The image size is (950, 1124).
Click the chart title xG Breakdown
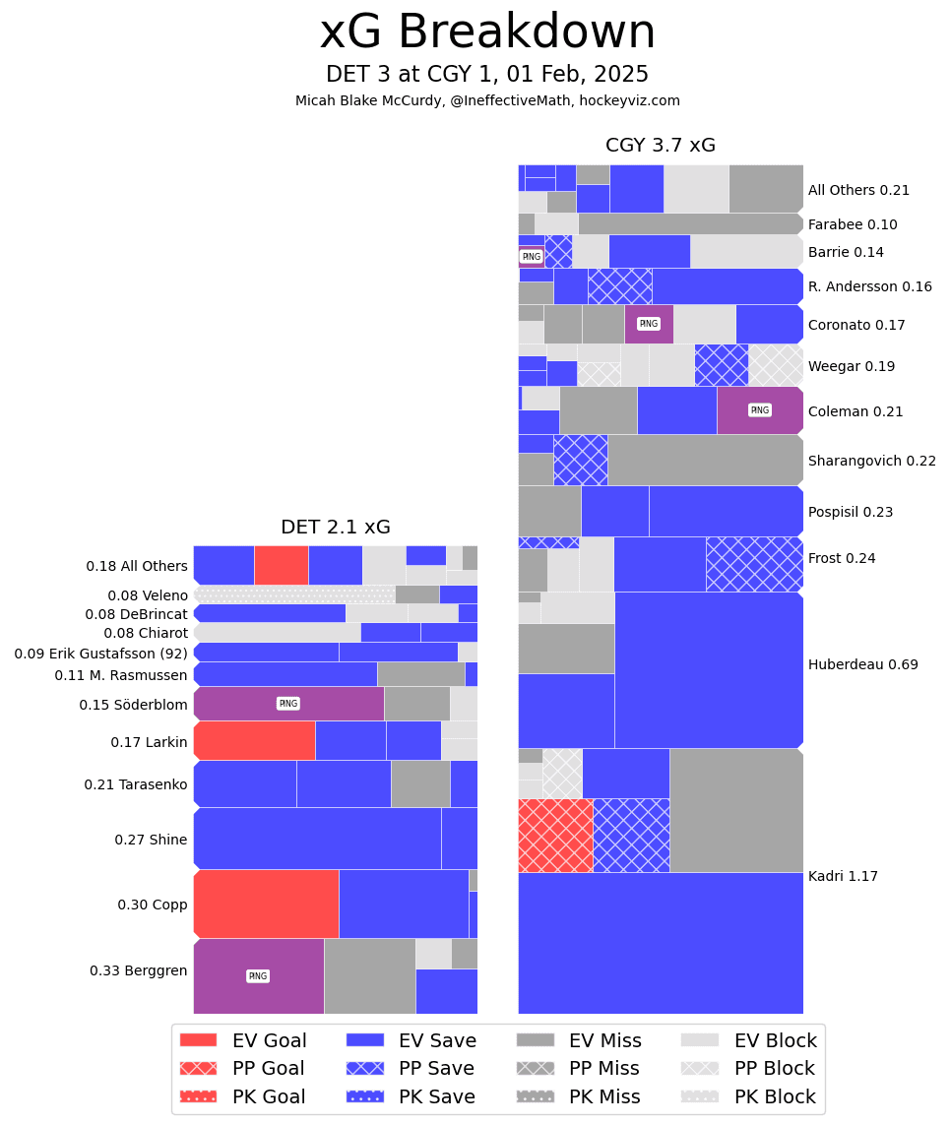click(x=487, y=32)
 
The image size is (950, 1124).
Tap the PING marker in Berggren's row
click(x=258, y=976)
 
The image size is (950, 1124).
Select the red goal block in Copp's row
click(x=266, y=904)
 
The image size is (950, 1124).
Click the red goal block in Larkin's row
click(x=254, y=740)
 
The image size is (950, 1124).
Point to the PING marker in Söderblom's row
click(x=288, y=704)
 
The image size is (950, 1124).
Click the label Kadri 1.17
click(x=843, y=876)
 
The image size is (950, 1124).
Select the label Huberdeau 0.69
click(x=862, y=664)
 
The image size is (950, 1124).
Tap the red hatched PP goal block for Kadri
click(x=555, y=836)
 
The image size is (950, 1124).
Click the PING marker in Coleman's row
click(x=759, y=410)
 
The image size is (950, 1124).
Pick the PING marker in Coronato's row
click(x=648, y=324)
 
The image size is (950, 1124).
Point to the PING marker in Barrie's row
click(x=531, y=257)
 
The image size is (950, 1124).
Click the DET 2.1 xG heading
click(x=335, y=528)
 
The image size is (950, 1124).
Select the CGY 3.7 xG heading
click(x=660, y=146)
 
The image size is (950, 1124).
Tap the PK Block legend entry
click(x=749, y=1096)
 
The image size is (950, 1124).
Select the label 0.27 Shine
click(x=151, y=840)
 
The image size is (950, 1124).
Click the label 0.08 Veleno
click(x=148, y=595)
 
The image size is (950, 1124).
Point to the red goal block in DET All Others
click(x=281, y=565)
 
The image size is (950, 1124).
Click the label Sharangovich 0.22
click(x=871, y=461)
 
